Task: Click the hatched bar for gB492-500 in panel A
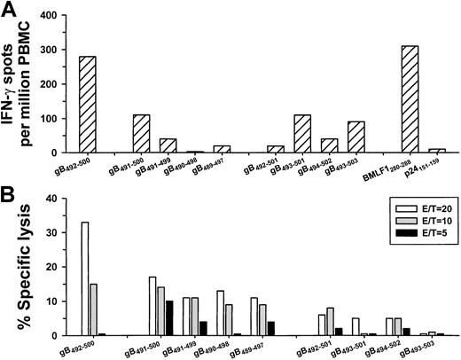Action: coord(87,106)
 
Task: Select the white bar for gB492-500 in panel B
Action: coord(85,279)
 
